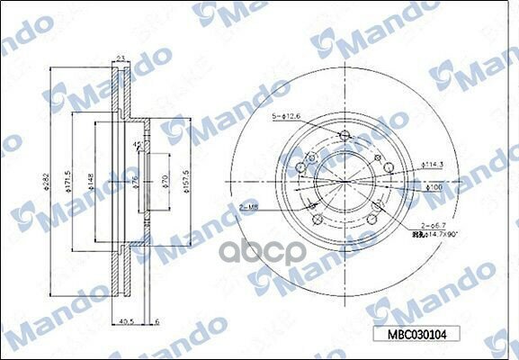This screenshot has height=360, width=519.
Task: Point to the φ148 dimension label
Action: [92, 184]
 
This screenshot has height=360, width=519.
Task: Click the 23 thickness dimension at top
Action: [119, 59]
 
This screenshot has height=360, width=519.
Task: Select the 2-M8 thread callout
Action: [249, 206]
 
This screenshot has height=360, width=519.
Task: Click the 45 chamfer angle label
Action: [137, 146]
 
